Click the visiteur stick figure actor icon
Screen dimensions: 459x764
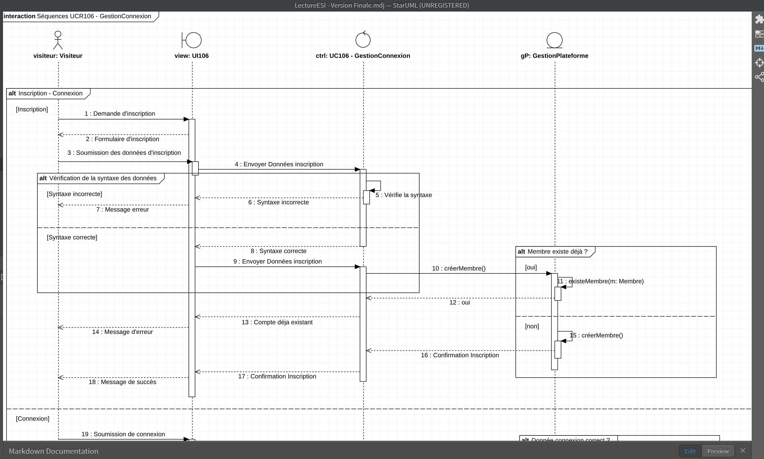coord(58,40)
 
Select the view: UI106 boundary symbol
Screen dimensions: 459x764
coord(192,40)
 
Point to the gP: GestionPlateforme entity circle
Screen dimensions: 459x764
coord(554,40)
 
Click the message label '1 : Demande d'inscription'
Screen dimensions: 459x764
coord(120,114)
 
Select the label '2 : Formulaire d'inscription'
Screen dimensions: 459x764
coord(122,139)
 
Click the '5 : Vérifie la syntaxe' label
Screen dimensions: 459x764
coord(404,195)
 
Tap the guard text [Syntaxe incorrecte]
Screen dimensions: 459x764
coord(74,194)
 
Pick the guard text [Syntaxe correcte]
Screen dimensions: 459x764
coord(72,237)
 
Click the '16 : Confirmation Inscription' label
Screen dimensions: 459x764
coord(460,355)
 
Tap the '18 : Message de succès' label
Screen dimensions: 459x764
coord(122,382)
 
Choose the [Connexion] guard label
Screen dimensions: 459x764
coord(32,419)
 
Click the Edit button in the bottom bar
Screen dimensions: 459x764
coord(690,451)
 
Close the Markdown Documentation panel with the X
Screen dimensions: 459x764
coord(743,451)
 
